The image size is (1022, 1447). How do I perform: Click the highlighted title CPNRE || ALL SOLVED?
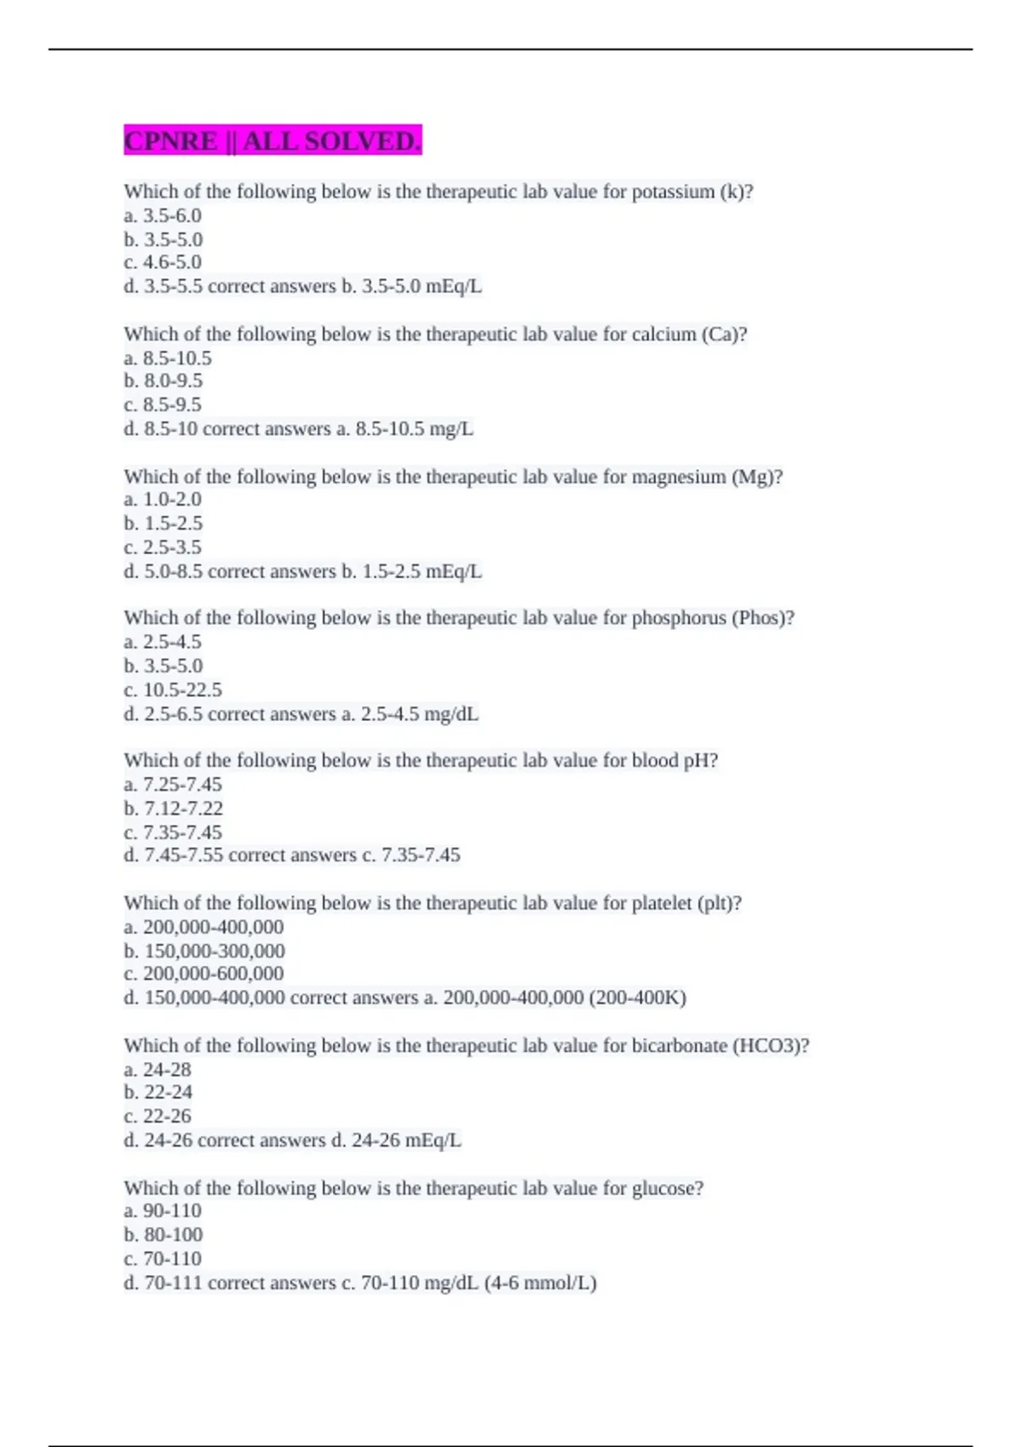[273, 140]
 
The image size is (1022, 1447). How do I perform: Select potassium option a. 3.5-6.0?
[163, 216]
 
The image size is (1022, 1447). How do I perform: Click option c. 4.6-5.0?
[163, 263]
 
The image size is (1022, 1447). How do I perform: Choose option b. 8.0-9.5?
[164, 381]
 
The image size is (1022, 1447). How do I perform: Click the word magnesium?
[679, 477]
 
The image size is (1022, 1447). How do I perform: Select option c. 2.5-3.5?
[163, 547]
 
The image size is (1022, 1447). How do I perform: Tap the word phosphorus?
[678, 619]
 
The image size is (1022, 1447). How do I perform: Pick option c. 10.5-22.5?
[173, 690]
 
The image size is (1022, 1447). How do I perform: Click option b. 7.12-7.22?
[173, 809]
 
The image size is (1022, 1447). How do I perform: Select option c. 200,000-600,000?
[204, 974]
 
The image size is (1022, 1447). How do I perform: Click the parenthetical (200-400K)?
[637, 998]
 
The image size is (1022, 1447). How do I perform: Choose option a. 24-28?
[158, 1070]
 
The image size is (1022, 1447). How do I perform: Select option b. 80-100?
[164, 1235]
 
